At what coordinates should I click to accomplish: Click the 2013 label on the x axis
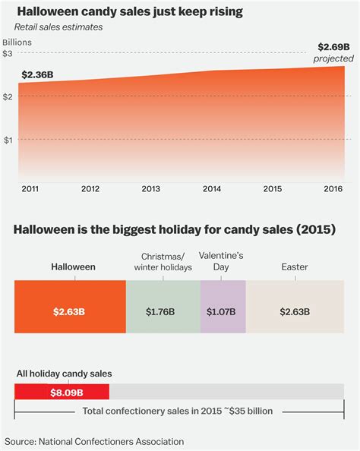(x=151, y=189)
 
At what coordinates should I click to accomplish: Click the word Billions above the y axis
(x=17, y=42)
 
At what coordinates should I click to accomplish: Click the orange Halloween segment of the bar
(x=70, y=311)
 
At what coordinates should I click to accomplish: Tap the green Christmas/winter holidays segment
(x=163, y=311)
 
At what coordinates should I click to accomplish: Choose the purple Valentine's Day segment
(x=223, y=311)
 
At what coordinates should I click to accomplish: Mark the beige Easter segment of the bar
(x=295, y=311)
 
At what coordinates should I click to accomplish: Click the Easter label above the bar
(x=295, y=267)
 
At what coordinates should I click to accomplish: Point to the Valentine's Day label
(x=223, y=262)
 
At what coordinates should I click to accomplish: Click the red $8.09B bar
(x=62, y=392)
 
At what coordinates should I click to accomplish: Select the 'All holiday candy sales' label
(x=63, y=374)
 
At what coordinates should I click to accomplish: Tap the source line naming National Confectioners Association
(x=94, y=441)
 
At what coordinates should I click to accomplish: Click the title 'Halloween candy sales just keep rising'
(x=126, y=11)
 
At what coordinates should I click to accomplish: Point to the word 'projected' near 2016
(x=334, y=58)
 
